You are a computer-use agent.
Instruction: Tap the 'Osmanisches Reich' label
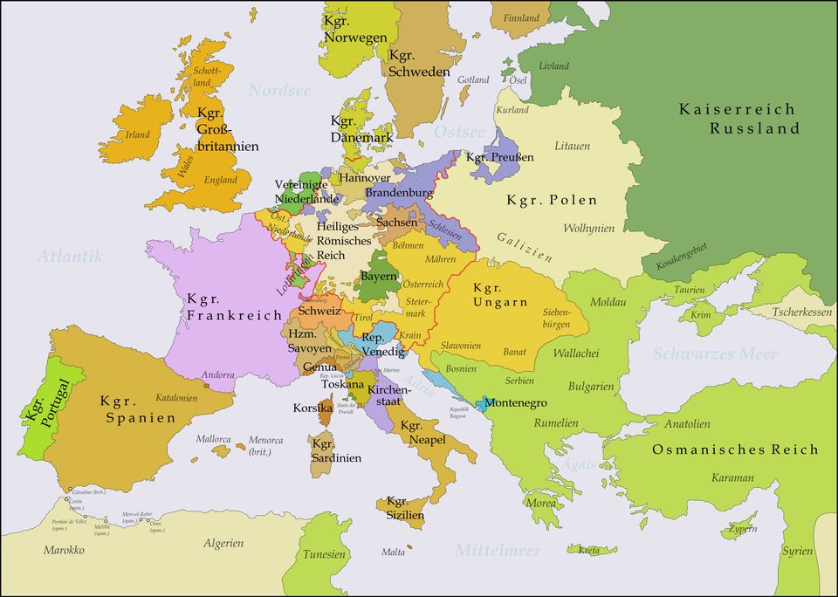pos(735,449)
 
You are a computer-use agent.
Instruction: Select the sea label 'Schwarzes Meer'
pos(714,353)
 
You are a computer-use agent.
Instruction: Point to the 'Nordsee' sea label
pos(279,90)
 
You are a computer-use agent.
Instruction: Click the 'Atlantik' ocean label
pos(70,256)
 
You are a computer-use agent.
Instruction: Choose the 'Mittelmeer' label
pos(497,551)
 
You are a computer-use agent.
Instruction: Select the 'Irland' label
pos(138,135)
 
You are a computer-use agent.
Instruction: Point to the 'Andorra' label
pos(217,375)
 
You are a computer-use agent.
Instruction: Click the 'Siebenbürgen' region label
pos(556,318)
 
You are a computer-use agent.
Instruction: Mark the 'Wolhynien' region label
pos(588,229)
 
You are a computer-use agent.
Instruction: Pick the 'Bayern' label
pos(379,276)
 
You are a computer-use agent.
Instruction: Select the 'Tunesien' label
pos(325,554)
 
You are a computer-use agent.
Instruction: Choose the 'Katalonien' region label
pos(176,398)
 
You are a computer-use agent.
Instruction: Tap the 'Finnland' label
pos(521,17)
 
